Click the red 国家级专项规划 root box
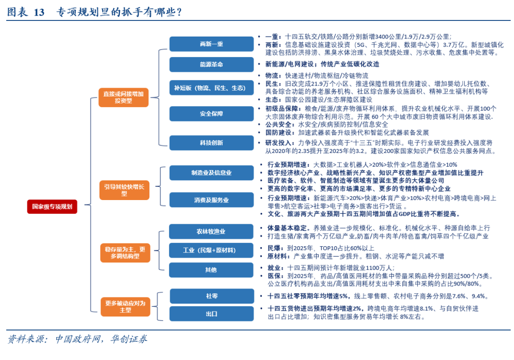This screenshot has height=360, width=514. pyautogui.click(x=52, y=207)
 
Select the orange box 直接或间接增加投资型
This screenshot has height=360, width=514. pyautogui.click(x=123, y=97)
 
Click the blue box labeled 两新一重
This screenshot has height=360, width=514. pyautogui.click(x=211, y=44)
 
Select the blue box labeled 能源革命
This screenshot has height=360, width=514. pyautogui.click(x=211, y=64)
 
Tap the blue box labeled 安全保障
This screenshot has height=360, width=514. pyautogui.click(x=211, y=114)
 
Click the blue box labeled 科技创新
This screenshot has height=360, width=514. pyautogui.click(x=211, y=142)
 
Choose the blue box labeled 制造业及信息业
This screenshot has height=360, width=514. pyautogui.click(x=211, y=173)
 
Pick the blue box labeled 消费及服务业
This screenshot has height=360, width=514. pyautogui.click(x=211, y=200)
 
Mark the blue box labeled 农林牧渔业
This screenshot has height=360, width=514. pyautogui.click(x=211, y=231)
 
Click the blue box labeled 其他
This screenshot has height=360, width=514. pyautogui.click(x=211, y=270)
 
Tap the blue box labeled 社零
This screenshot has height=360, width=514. pyautogui.click(x=211, y=296)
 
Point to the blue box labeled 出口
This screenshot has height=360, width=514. pyautogui.click(x=211, y=314)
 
